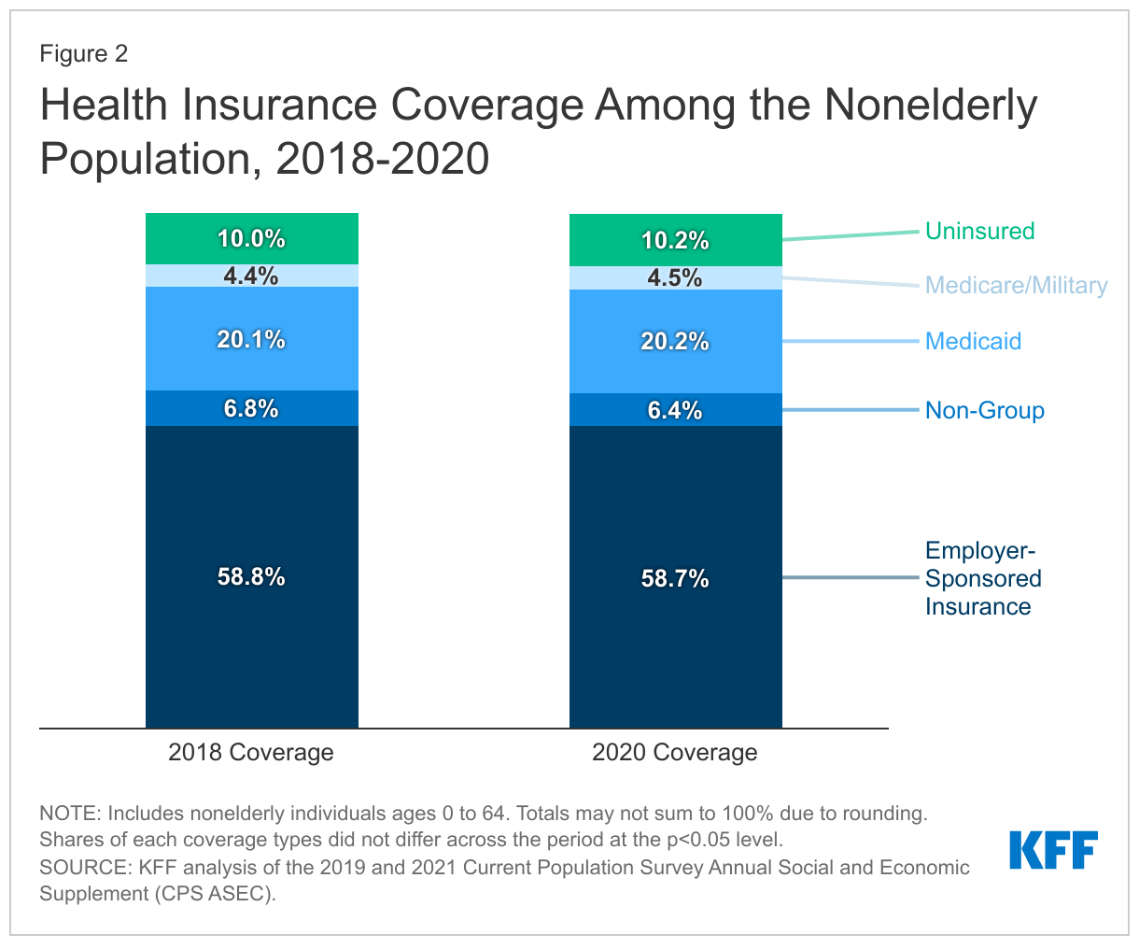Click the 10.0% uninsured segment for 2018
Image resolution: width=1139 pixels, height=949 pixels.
pyautogui.click(x=251, y=239)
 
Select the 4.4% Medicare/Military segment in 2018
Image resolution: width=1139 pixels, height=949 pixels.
pyautogui.click(x=251, y=276)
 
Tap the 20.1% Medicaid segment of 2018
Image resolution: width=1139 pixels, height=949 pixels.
pyautogui.click(x=251, y=339)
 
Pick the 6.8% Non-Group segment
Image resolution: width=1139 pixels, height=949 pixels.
pyautogui.click(x=251, y=408)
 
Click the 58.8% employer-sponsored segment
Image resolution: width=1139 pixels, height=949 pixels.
pyautogui.click(x=251, y=576)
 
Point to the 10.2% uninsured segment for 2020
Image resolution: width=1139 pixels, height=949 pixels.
pyautogui.click(x=675, y=241)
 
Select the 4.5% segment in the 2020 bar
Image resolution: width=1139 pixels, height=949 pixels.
pyautogui.click(x=675, y=278)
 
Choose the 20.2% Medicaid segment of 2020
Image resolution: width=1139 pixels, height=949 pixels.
pyautogui.click(x=675, y=342)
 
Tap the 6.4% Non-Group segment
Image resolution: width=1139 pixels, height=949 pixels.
pyautogui.click(x=675, y=410)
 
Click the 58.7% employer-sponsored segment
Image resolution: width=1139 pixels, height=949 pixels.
pyautogui.click(x=675, y=578)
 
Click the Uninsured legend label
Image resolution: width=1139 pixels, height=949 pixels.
pyautogui.click(x=979, y=231)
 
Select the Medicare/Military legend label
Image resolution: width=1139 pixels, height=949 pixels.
pyautogui.click(x=1016, y=285)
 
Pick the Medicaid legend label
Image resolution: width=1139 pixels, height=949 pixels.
pyautogui.click(x=973, y=341)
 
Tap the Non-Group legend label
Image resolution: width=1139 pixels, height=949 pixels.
pyautogui.click(x=984, y=410)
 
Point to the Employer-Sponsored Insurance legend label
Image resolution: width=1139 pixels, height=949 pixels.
pyautogui.click(x=982, y=578)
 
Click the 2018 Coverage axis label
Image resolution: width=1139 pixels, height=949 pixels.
pyautogui.click(x=251, y=752)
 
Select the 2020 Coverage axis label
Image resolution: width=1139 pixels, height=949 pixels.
pyautogui.click(x=675, y=752)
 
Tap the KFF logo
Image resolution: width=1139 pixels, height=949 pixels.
pyautogui.click(x=1053, y=850)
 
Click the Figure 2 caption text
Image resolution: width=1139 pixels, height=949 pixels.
pyautogui.click(x=83, y=53)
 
